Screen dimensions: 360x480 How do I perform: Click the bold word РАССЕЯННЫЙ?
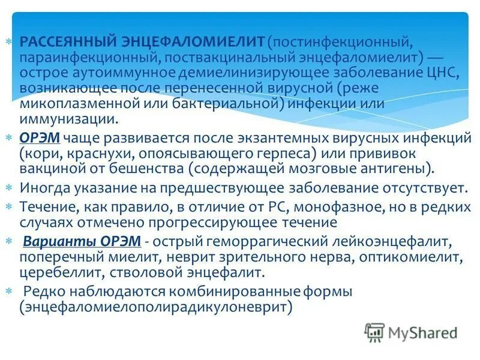[65, 43]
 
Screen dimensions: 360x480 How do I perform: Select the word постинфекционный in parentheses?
[341, 43]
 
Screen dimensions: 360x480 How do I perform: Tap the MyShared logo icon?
[374, 331]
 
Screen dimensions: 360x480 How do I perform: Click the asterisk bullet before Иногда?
[9, 187]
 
